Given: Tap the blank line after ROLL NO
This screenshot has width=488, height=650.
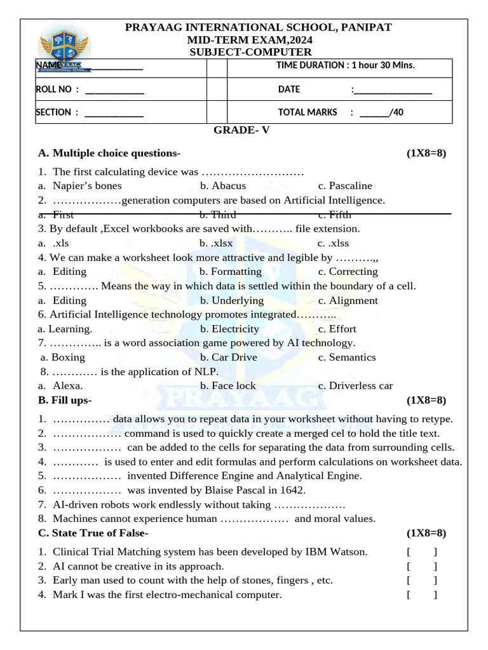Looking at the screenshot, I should click(114, 90).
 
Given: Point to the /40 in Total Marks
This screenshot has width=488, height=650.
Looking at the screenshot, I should click(396, 112).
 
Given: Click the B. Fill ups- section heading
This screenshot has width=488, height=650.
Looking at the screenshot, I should click(65, 400).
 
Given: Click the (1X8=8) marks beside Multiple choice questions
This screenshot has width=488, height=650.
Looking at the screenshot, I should click(426, 153).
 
